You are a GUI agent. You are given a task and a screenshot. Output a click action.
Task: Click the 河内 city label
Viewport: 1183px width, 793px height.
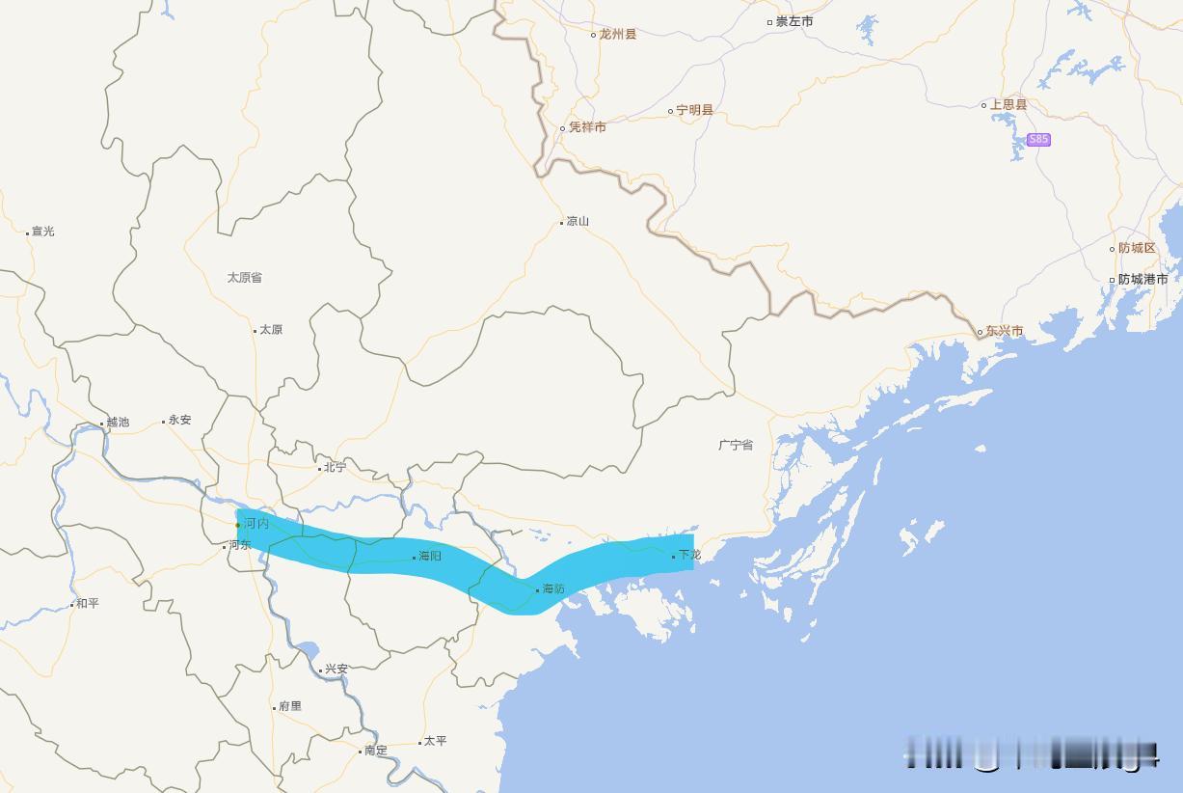[x=255, y=523]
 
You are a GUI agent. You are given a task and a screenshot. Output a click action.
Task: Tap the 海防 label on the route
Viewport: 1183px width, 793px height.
[x=552, y=588]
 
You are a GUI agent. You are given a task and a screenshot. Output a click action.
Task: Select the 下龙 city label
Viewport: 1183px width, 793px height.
[x=689, y=555]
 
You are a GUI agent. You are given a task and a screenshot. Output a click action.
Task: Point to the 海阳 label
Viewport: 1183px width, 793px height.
[x=429, y=556]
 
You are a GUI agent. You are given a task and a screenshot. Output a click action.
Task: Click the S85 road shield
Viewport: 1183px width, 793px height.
[x=1037, y=139]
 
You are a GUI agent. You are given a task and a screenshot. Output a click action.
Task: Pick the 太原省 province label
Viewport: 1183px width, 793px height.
[x=244, y=277]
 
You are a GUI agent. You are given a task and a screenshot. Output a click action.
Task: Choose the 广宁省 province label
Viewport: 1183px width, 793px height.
[x=736, y=445]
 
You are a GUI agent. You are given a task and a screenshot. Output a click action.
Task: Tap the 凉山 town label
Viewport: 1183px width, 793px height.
[x=578, y=221]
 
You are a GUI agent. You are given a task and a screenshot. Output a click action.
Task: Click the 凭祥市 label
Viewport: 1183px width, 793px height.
[x=587, y=127]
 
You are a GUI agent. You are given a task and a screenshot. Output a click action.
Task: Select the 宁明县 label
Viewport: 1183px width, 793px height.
[x=694, y=110]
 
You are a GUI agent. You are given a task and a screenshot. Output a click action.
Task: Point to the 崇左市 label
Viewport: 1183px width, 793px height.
[x=794, y=21]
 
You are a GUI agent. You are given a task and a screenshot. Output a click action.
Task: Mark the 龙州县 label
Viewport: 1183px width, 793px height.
[x=617, y=34]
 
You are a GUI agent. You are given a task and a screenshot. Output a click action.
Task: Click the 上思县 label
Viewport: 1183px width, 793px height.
[x=1008, y=104]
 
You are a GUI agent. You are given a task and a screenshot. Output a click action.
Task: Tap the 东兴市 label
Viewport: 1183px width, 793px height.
[x=1004, y=331]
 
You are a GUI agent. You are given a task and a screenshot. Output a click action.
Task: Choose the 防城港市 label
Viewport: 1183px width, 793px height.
[x=1143, y=279]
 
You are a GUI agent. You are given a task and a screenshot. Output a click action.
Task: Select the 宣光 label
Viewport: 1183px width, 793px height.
[x=42, y=231]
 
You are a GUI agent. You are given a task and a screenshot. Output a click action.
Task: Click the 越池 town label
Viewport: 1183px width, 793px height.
[x=117, y=422]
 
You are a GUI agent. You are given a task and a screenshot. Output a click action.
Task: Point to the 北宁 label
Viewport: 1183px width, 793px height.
[x=335, y=467]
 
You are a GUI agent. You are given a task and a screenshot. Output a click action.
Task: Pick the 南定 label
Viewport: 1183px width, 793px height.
[x=375, y=750]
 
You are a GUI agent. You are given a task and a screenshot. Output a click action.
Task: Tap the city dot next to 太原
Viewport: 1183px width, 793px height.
[x=255, y=330]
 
